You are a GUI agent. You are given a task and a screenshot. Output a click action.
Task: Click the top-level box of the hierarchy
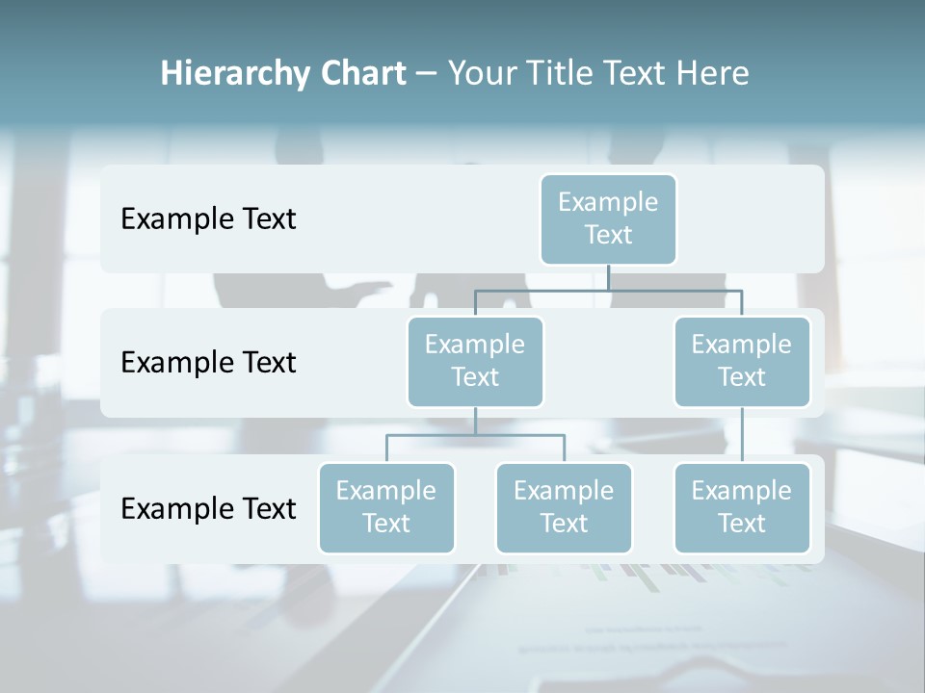[608, 219]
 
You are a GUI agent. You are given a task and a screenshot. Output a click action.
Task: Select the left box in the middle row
[475, 362]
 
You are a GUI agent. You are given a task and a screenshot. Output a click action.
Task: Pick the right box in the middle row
[742, 362]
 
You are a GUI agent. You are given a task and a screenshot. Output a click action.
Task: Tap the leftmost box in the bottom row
[386, 508]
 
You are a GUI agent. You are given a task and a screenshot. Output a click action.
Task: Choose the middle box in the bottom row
[564, 508]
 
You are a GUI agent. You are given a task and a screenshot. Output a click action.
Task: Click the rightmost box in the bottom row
[742, 508]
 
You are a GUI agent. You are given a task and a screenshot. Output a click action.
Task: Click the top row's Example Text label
[208, 219]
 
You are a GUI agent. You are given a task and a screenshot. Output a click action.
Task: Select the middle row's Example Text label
[208, 363]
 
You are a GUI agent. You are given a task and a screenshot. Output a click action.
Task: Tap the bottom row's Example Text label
[208, 508]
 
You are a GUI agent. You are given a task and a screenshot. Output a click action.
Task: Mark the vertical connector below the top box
[608, 277]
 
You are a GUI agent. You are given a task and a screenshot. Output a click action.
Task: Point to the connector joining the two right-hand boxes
[742, 435]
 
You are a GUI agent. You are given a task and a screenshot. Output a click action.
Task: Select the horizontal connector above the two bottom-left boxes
[475, 435]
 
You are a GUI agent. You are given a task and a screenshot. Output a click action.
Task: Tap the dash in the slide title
[427, 74]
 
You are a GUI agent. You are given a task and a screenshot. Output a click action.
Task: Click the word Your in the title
[480, 73]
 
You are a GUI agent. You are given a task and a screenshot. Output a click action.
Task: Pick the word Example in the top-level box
[608, 202]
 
